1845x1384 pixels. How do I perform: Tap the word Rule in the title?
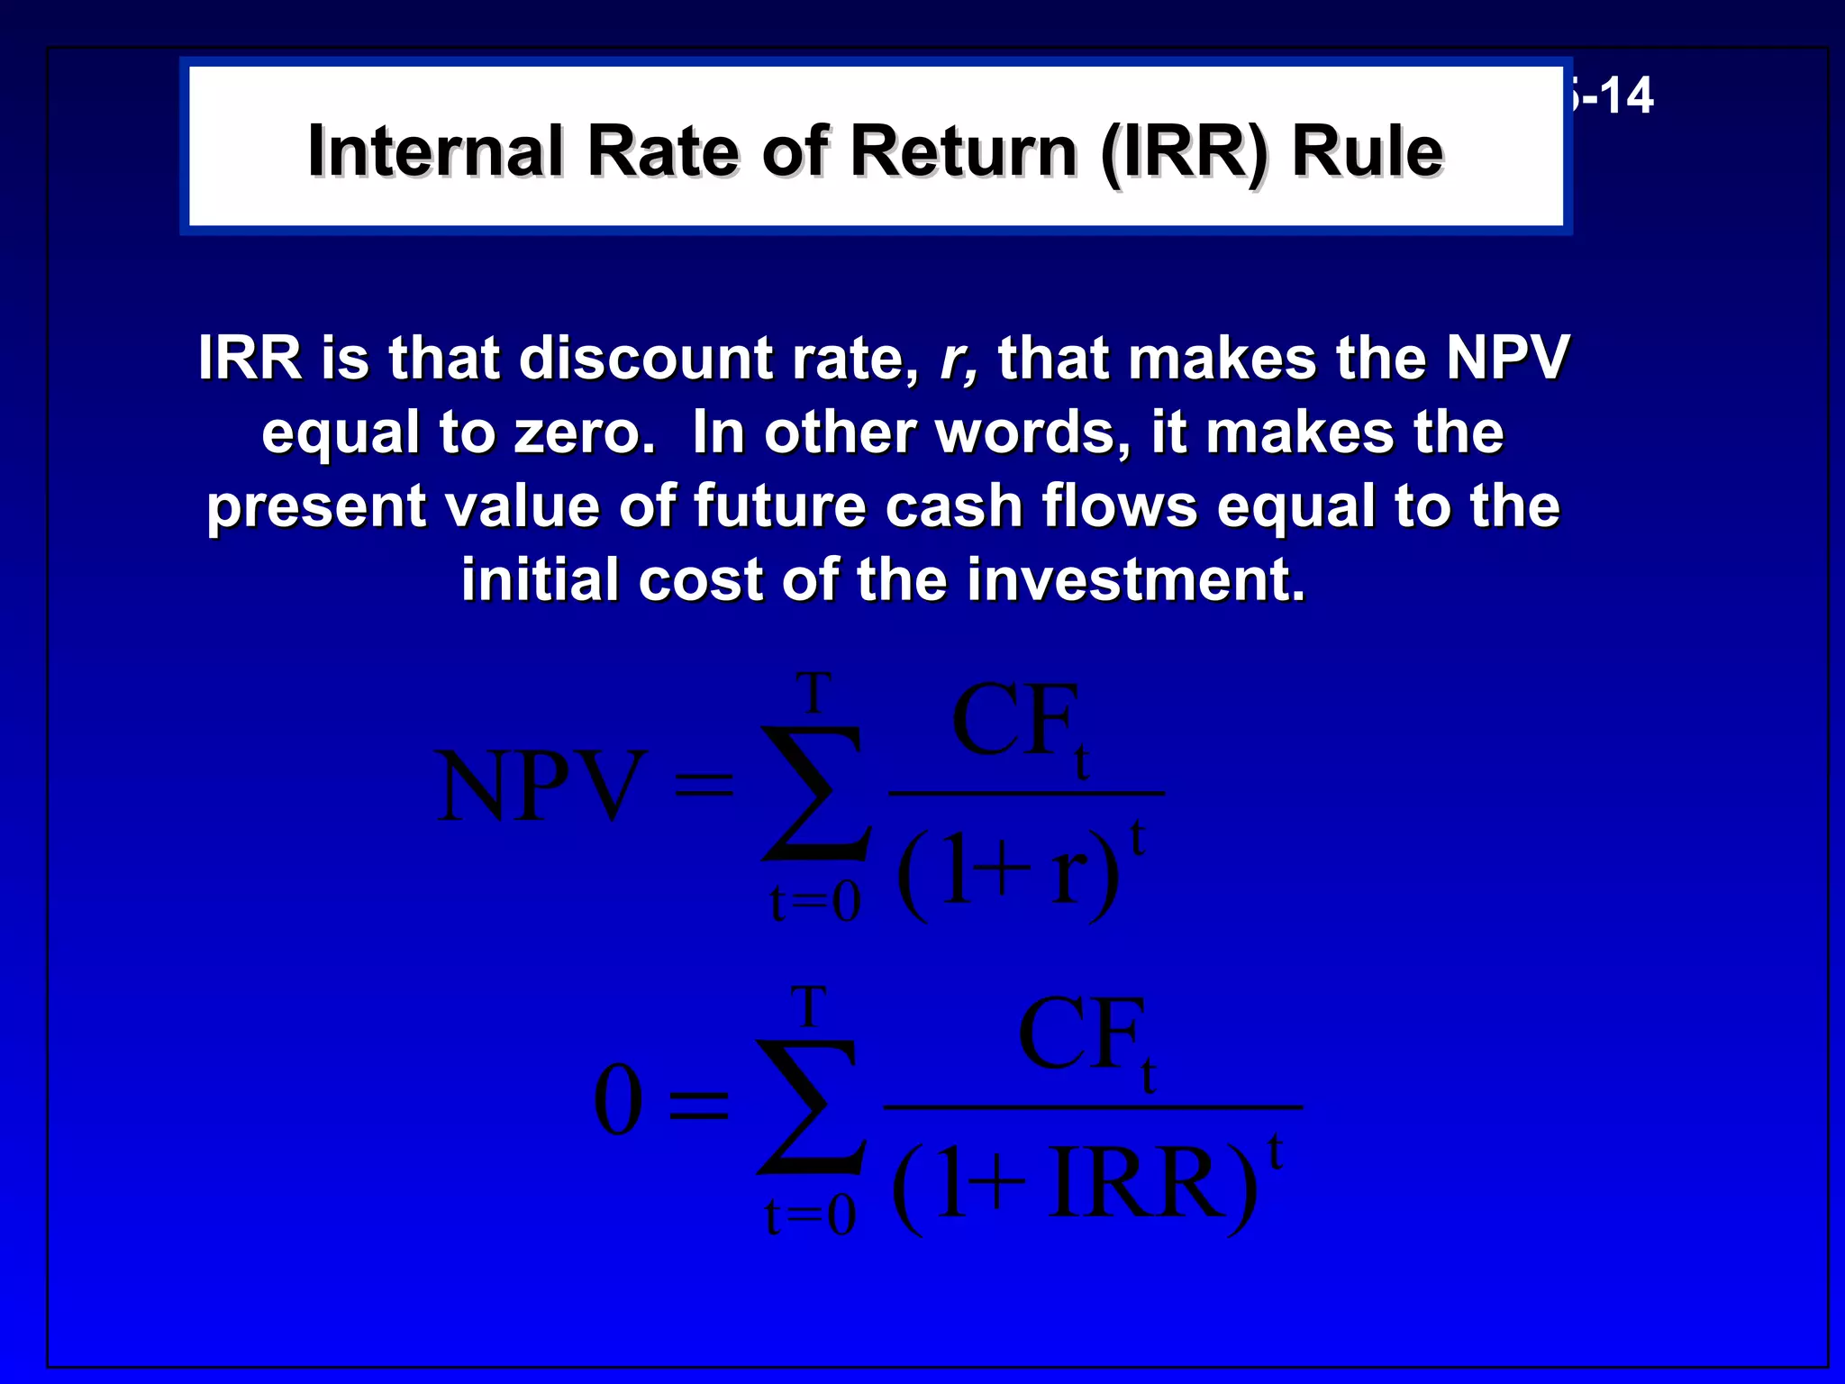(x=1368, y=151)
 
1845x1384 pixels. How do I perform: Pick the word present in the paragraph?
(x=315, y=507)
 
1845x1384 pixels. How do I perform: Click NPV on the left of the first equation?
(x=541, y=787)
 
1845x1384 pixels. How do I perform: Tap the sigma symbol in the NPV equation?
(x=815, y=793)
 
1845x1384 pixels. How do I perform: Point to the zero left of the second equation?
(x=618, y=1100)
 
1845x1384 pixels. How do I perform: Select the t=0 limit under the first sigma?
(x=815, y=902)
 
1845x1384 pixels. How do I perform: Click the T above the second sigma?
(x=808, y=1006)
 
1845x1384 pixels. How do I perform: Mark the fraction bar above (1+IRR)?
(x=1093, y=1106)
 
